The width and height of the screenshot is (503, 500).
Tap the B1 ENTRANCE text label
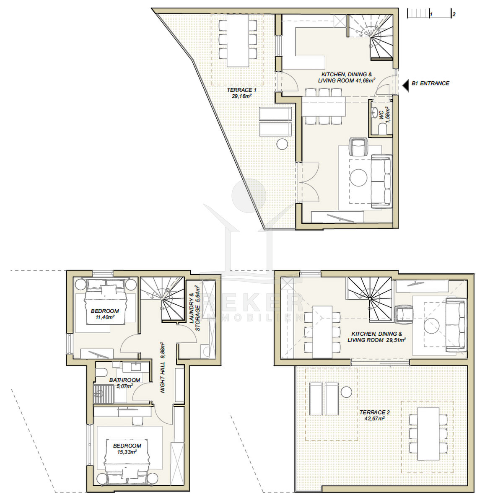click(x=430, y=83)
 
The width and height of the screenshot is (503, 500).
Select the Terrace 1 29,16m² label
click(x=241, y=93)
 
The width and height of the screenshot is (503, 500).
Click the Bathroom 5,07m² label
click(x=124, y=383)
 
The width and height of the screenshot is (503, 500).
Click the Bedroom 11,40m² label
click(x=105, y=314)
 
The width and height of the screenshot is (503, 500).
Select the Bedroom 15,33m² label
click(x=127, y=449)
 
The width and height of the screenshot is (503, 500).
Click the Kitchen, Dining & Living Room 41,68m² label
click(x=347, y=78)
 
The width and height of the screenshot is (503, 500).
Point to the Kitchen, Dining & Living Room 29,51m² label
click(x=377, y=337)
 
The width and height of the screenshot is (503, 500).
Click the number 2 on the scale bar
click(x=454, y=14)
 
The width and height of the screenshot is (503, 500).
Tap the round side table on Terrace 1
click(x=282, y=144)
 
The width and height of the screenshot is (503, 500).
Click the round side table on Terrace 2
click(x=346, y=392)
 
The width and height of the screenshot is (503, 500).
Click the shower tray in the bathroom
click(x=104, y=394)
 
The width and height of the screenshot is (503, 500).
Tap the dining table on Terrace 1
click(x=238, y=41)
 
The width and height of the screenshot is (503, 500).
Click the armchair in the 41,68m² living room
click(x=358, y=147)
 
